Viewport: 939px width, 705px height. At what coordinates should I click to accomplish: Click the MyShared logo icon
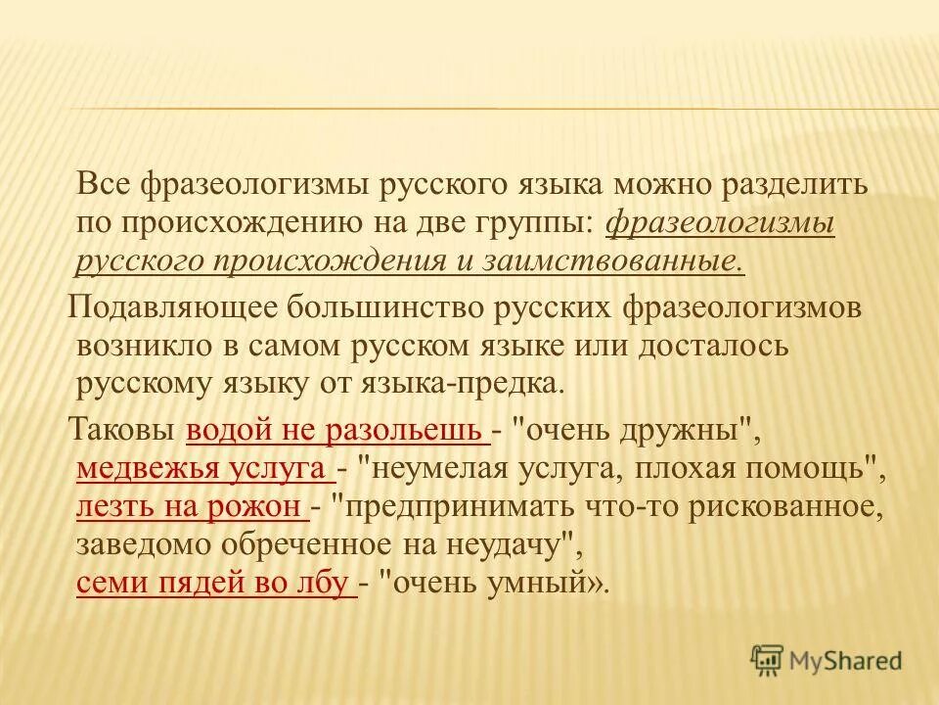[x=767, y=661]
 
